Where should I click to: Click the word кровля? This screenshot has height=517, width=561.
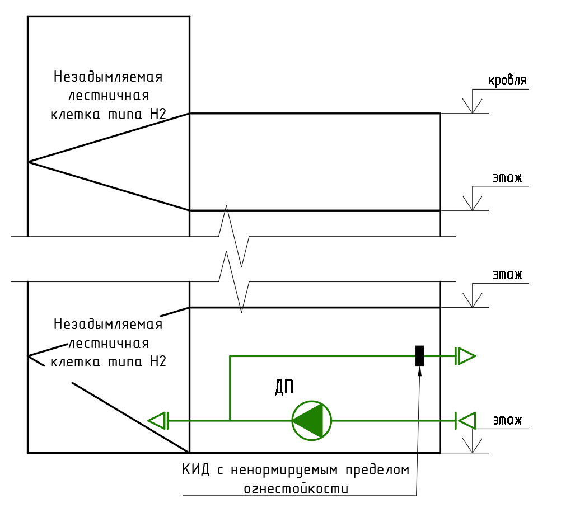(508, 81)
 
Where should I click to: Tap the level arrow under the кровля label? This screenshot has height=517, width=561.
(473, 105)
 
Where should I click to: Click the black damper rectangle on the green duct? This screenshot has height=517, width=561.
(419, 355)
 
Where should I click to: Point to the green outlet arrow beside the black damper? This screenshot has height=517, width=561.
(466, 355)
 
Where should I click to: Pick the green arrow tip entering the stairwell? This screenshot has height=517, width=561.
(157, 420)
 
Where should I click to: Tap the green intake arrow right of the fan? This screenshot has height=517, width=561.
(465, 420)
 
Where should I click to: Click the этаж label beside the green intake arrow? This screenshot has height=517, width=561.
(507, 420)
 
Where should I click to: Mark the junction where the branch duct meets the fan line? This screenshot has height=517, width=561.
(230, 420)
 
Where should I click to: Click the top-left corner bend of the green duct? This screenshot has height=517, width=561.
(230, 355)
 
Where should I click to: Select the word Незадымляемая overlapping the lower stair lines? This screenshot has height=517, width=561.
(108, 324)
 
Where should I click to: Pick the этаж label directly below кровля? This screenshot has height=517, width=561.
(507, 178)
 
